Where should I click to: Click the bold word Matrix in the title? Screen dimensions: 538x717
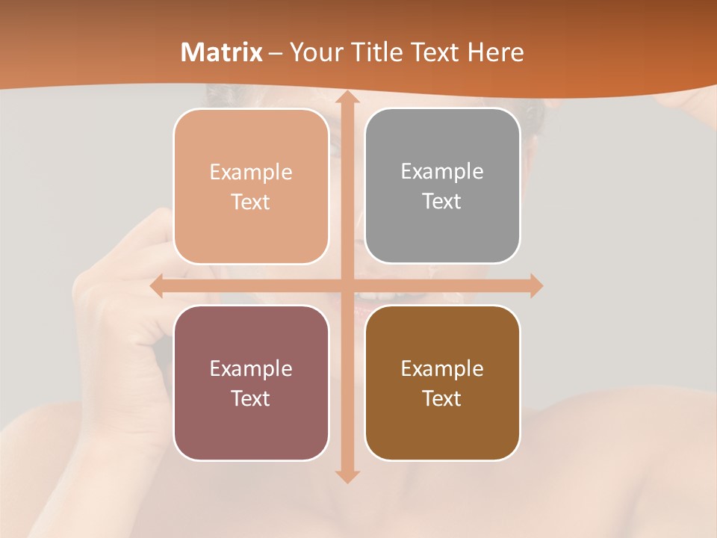pos(222,52)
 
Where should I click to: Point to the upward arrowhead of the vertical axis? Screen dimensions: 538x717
pos(347,99)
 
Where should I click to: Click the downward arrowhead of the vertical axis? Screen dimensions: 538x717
pos(347,474)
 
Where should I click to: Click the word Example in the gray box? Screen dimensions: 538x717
pos(442,172)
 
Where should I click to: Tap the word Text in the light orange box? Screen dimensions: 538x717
pos(251,202)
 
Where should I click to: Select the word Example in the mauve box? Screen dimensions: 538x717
pos(251,368)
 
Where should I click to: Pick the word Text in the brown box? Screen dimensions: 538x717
pos(442,398)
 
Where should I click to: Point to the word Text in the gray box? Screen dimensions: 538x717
pos(442,202)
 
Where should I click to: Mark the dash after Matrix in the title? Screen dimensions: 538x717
pos(276,53)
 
